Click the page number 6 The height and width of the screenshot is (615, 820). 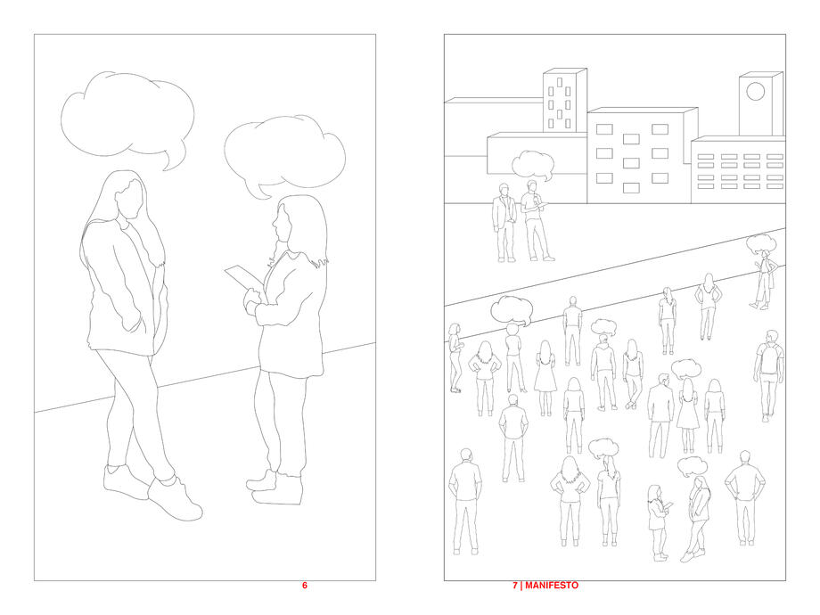coord(305,586)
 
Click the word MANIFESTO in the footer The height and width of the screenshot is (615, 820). coord(552,586)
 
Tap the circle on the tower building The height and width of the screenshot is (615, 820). coord(755,92)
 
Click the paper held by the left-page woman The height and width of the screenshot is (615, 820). coord(243,277)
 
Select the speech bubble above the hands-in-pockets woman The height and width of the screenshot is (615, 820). coord(127,118)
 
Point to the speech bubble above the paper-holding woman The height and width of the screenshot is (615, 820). coord(284,154)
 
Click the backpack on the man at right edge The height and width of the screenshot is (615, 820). coord(769,358)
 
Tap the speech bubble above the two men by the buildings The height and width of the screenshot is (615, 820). coord(532,165)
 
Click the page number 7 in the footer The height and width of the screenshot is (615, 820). coord(515,586)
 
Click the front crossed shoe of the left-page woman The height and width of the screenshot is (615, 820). coord(175,501)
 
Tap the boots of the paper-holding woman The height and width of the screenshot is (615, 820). coord(276,488)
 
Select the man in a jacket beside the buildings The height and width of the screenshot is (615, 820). coord(504,222)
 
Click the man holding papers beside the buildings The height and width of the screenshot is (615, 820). coord(536,220)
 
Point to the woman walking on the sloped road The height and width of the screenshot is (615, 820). coord(763,280)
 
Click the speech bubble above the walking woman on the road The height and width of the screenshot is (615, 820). coord(761,243)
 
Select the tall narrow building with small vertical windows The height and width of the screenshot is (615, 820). coord(565,101)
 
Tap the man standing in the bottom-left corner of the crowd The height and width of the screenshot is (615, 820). coord(465,501)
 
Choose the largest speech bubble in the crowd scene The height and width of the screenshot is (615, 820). coord(512,311)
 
